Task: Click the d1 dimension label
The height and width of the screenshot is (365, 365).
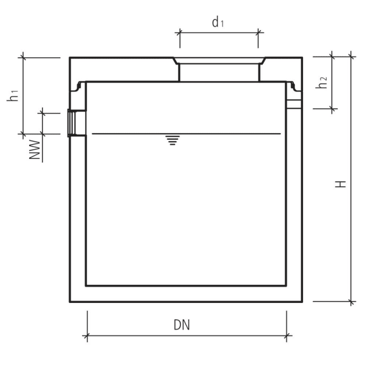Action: [x=218, y=23]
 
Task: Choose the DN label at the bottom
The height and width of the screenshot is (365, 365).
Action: [x=181, y=325]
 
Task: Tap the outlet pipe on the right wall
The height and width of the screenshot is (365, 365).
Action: [x=294, y=104]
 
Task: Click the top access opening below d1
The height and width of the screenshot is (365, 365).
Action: [x=219, y=70]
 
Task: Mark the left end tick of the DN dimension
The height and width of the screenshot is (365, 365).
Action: [x=88, y=335]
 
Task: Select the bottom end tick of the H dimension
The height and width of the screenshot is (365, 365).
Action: [x=352, y=301]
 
